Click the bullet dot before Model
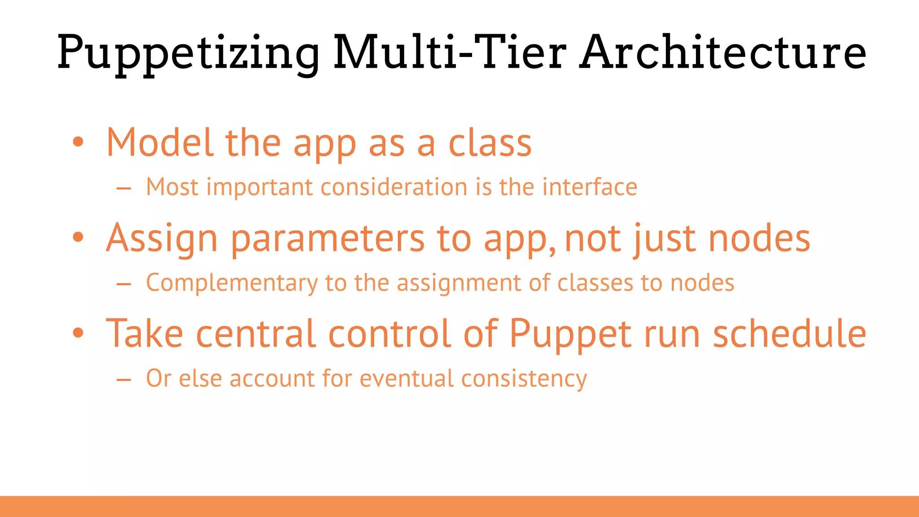coord(78,142)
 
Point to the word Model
coord(159,143)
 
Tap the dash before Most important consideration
coord(123,188)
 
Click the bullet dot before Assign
coord(78,237)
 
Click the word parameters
coord(328,239)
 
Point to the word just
coord(663,239)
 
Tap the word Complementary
coord(232,284)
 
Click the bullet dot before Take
coord(78,333)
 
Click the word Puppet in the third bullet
coord(571,334)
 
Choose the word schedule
coord(789,333)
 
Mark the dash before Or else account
coord(123,380)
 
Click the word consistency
coord(524,379)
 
